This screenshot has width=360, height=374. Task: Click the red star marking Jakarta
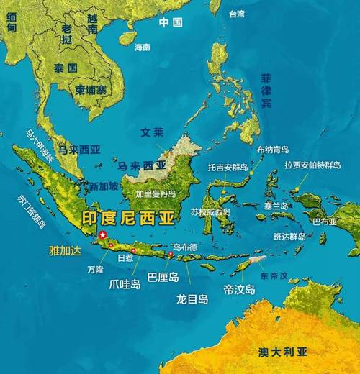(x=102, y=235)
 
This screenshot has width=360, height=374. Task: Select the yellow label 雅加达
(x=64, y=250)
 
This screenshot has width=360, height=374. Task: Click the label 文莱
(x=153, y=134)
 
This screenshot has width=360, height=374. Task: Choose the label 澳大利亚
(x=283, y=351)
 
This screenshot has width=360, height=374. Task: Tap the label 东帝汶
(x=274, y=275)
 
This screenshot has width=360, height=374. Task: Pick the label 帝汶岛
(x=239, y=289)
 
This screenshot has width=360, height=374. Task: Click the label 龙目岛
(x=192, y=298)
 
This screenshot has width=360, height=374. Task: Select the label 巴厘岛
(x=162, y=276)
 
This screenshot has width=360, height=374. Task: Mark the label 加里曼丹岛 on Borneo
(x=156, y=194)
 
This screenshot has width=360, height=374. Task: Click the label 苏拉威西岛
(x=211, y=212)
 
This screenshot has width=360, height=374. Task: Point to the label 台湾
(x=236, y=14)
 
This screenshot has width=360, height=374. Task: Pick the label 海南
(x=143, y=47)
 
